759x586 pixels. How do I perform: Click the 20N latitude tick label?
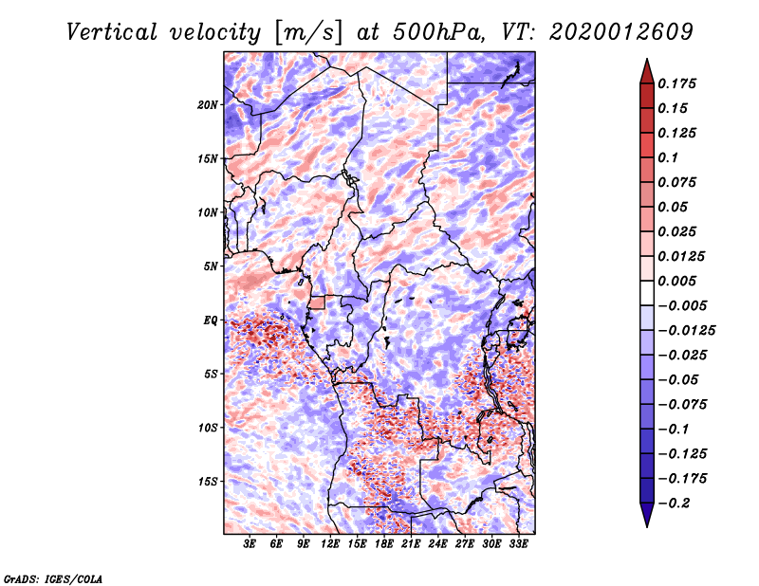[x=208, y=105]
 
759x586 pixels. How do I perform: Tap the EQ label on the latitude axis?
[x=210, y=320]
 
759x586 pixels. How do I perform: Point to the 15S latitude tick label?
[x=208, y=482]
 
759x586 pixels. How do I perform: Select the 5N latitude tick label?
[x=210, y=266]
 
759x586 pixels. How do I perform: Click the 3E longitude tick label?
[x=250, y=544]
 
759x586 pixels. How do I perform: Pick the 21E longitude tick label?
[x=411, y=544]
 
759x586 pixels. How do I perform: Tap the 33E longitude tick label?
[x=518, y=544]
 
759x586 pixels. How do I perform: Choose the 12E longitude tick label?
[x=330, y=544]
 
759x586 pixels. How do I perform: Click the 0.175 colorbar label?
[x=676, y=83]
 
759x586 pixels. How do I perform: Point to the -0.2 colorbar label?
[x=674, y=504]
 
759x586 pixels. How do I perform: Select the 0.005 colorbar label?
[x=676, y=281]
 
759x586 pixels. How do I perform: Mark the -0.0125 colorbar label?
[x=686, y=331]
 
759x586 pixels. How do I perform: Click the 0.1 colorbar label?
[x=668, y=157]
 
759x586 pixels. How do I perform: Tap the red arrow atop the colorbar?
[x=647, y=71]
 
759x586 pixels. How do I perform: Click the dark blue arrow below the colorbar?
[x=647, y=515]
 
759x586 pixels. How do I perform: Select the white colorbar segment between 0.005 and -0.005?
[x=647, y=293]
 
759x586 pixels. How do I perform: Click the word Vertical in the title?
[x=112, y=32]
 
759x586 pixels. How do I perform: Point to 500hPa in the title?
[x=439, y=32]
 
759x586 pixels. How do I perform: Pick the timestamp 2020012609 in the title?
[x=621, y=32]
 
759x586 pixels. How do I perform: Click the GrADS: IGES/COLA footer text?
[x=53, y=578]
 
